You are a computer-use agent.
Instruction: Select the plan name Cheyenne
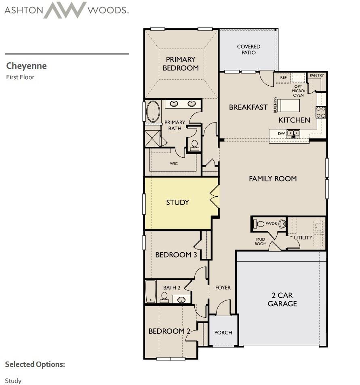(x=26, y=66)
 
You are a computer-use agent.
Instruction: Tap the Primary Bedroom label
(x=181, y=64)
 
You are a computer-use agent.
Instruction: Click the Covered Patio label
(x=248, y=50)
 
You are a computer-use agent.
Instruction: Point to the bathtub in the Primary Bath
(x=153, y=112)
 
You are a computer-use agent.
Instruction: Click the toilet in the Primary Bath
(x=194, y=145)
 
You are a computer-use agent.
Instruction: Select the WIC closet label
(x=174, y=164)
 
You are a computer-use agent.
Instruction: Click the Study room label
(x=177, y=203)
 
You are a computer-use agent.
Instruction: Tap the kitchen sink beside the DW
(x=293, y=133)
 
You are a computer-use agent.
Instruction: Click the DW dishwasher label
(x=281, y=133)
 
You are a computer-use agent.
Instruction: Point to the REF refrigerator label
(x=283, y=78)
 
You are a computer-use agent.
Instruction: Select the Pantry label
(x=316, y=76)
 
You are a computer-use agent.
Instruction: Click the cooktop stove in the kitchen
(x=321, y=112)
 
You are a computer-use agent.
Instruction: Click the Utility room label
(x=303, y=237)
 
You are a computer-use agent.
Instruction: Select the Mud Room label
(x=261, y=241)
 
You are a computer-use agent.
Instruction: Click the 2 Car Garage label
(x=282, y=299)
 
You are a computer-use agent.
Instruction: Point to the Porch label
(x=223, y=332)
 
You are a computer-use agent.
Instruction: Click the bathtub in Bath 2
(x=151, y=292)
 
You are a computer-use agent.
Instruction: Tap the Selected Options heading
(x=35, y=364)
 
